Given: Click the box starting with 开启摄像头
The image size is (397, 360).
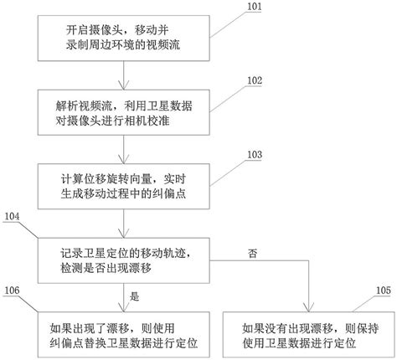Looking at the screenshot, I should click(125, 39).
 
